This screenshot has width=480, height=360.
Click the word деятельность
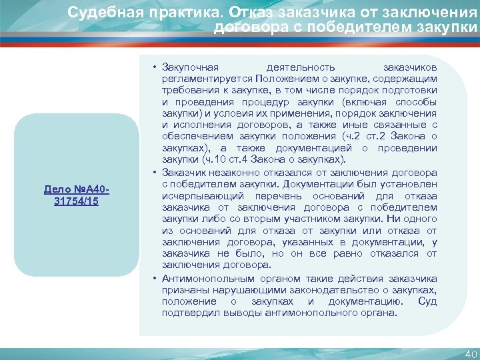[300, 69]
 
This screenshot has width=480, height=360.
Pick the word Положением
[275, 79]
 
